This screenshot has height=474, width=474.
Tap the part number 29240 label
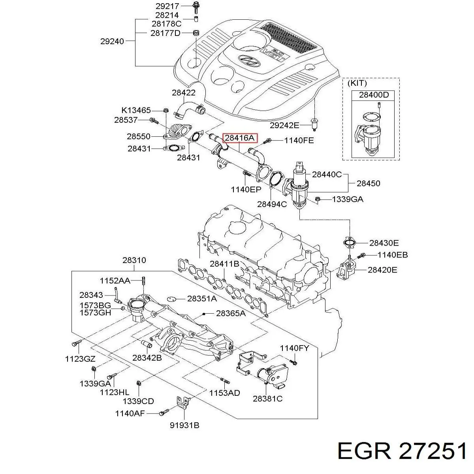112,41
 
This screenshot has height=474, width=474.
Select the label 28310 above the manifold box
134,260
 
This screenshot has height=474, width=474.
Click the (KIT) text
357,83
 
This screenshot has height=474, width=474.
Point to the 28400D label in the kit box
374,95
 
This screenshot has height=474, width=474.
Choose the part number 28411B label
224,264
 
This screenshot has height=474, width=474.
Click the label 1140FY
294,348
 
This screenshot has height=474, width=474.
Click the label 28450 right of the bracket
369,183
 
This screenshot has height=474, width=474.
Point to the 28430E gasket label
384,243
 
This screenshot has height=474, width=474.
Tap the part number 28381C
267,399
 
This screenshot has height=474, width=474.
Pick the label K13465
136,110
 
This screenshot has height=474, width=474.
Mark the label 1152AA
115,280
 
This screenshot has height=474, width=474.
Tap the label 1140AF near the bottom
130,414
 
